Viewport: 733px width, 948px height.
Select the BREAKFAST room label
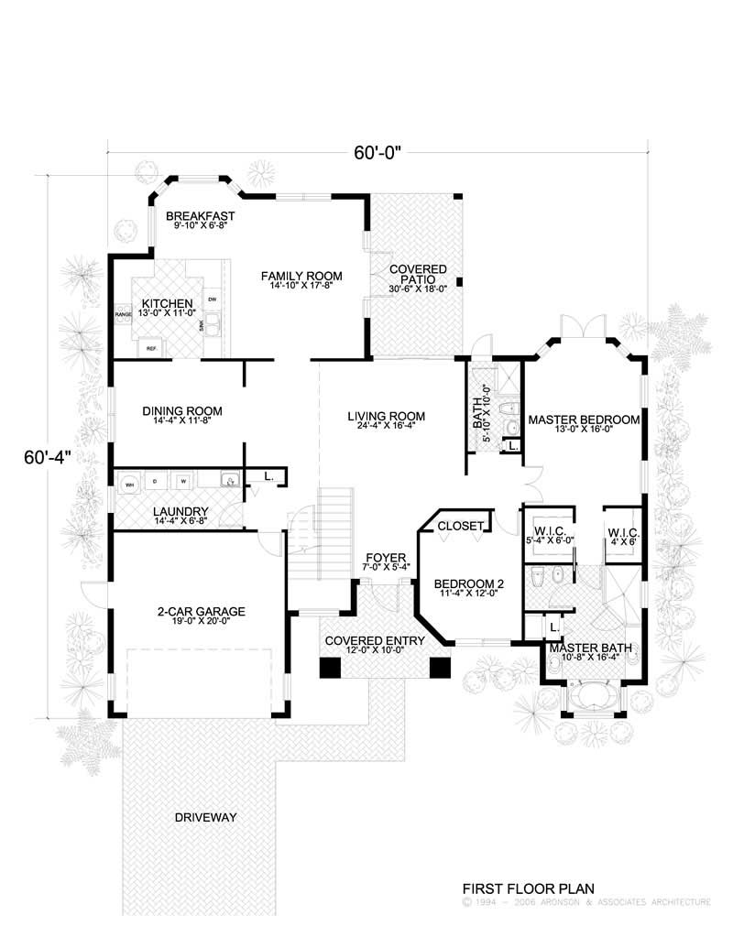coord(201,217)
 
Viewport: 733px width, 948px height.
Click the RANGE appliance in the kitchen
coord(123,314)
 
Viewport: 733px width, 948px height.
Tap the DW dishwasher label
coord(213,300)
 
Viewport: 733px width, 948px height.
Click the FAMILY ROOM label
coord(301,276)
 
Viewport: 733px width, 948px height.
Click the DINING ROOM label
coord(182,410)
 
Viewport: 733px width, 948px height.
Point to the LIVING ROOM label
coord(386,417)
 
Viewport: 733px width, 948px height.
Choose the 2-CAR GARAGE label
coord(201,611)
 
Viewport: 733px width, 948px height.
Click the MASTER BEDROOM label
coord(583,420)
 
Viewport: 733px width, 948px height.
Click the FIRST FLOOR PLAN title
coord(528,888)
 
